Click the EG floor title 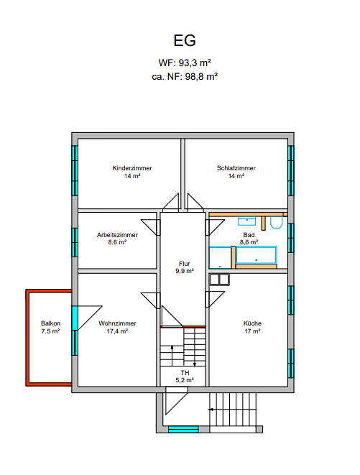coord(185,40)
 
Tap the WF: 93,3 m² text coord(185,63)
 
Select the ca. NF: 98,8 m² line coord(185,76)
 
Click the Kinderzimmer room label coord(132,168)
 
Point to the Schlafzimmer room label coord(236,168)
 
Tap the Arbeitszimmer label coord(117,235)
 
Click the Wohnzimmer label coord(117,323)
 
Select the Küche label coord(252,323)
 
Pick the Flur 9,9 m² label coord(185,267)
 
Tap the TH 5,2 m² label coord(185,377)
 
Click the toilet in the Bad coord(276,223)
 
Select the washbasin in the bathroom coord(246,221)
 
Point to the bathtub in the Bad coord(256,255)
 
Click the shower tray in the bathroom coord(220,258)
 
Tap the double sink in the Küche coord(219,280)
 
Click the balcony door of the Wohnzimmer coord(75,318)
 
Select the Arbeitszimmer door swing coord(150,227)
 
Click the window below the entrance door coord(183,429)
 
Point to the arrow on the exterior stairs coord(211,410)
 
